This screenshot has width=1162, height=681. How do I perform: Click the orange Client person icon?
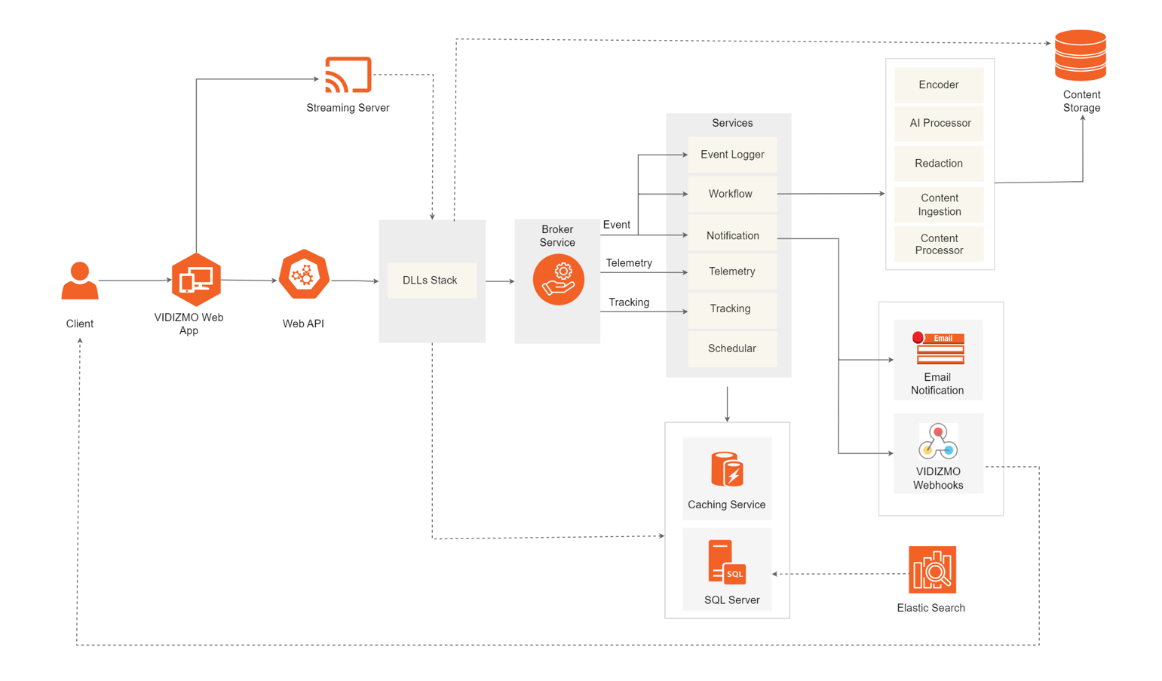coord(80,281)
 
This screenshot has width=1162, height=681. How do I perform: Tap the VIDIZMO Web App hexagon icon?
coord(196,280)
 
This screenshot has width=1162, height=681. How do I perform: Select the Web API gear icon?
coord(304,275)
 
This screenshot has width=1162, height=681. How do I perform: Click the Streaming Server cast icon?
coord(348,75)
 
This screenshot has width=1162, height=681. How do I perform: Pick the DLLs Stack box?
coord(431,281)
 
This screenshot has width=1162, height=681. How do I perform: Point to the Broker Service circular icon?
coord(558,280)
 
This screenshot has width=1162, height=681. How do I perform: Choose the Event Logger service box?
coord(732,155)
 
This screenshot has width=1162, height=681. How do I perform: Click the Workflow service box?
coord(731,194)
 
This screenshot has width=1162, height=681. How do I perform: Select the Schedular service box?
coord(731,348)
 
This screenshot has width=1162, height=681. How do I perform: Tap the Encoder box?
coord(939,85)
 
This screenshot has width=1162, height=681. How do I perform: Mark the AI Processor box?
coord(939,123)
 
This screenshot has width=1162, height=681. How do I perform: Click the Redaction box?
coord(939,163)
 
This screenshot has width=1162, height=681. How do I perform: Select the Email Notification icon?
coord(939,348)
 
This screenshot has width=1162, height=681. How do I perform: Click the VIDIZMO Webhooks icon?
coord(938,441)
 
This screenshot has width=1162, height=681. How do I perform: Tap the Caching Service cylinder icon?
coord(727,469)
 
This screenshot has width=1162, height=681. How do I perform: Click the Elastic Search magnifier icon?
coord(933,570)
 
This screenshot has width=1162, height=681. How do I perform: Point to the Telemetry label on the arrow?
coord(629,263)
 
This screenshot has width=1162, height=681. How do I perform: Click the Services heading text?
coord(732,123)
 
